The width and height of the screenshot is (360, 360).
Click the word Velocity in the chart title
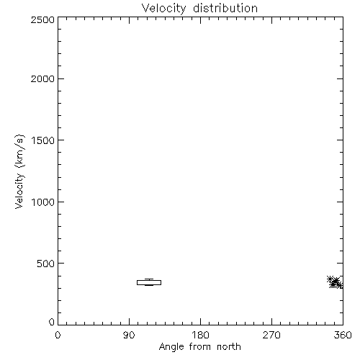coord(163,9)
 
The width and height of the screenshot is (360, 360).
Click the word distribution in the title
coord(225,8)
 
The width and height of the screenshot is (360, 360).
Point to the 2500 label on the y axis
coord(42,19)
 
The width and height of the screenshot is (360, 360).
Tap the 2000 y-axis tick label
coord(42,78)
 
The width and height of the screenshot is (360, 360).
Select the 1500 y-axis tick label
coord(43,140)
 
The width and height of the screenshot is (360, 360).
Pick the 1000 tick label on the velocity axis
coord(43,202)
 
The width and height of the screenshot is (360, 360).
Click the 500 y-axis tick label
coord(46,264)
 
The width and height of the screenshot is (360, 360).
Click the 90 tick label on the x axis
coord(129,335)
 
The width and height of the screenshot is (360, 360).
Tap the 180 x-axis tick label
coord(200,335)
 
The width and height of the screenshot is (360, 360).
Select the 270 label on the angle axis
coord(271,335)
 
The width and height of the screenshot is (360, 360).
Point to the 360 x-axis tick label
coord(343,335)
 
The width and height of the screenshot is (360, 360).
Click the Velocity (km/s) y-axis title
coord(19,171)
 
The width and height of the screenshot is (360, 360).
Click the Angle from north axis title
coord(200,347)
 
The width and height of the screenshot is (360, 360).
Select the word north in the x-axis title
coord(229,346)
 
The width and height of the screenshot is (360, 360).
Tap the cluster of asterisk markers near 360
coord(336,282)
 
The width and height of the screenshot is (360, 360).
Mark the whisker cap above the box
coord(149,279)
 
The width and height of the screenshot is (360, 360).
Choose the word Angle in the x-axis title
coord(171,347)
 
